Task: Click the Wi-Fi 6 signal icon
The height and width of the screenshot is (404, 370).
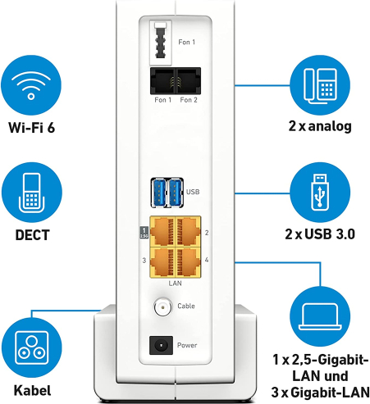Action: click(x=31, y=85)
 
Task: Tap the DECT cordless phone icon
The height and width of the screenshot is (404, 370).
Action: click(x=32, y=193)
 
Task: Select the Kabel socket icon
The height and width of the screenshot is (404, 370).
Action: click(x=32, y=347)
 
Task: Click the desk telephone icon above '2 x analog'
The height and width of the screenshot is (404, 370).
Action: click(x=320, y=85)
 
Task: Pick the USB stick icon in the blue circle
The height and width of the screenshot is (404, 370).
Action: click(x=320, y=193)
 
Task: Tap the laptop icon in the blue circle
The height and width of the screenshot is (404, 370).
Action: click(x=320, y=316)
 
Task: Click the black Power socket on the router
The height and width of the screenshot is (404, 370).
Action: click(x=161, y=345)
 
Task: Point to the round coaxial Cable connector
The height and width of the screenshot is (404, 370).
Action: click(x=163, y=307)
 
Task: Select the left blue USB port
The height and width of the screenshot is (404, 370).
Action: click(x=158, y=193)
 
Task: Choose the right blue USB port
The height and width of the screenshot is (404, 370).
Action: click(x=175, y=193)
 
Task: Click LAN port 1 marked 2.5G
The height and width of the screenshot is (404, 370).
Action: click(x=162, y=232)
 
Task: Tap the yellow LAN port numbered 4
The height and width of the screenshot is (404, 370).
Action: click(x=188, y=262)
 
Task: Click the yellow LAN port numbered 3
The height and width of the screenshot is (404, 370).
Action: click(x=162, y=262)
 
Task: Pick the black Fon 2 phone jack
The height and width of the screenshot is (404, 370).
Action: click(x=189, y=81)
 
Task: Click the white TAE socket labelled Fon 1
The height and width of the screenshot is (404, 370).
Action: click(x=161, y=43)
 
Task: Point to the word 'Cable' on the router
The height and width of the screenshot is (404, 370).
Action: click(x=186, y=306)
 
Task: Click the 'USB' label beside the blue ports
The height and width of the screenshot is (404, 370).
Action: click(x=193, y=192)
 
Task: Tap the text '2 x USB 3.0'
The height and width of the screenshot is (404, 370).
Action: click(x=320, y=234)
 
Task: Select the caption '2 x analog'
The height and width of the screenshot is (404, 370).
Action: click(x=320, y=126)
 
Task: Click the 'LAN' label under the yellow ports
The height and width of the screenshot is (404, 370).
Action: click(x=175, y=284)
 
